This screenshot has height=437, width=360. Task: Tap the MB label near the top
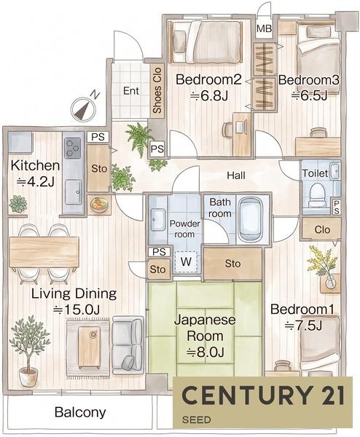[x=264, y=28]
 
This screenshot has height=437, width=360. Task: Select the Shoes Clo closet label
[x=157, y=90]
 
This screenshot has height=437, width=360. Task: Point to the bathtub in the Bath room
[x=251, y=220]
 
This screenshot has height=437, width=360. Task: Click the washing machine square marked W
[x=186, y=261]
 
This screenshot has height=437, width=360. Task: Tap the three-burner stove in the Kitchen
[x=72, y=147]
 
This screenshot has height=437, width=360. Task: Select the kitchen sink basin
[x=74, y=192]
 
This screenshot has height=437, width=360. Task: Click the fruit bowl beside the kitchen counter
[x=98, y=205]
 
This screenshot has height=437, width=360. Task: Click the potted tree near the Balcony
[x=28, y=351]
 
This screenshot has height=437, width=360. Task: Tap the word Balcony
[x=80, y=412]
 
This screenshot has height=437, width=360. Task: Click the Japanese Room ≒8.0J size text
[x=206, y=353]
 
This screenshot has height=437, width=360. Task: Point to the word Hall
[x=236, y=176]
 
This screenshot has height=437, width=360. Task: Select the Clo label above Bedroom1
[x=322, y=229]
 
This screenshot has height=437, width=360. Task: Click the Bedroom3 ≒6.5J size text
[x=310, y=95]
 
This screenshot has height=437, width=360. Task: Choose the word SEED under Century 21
[x=196, y=420]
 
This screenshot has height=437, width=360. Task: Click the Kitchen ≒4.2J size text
[x=36, y=182]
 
